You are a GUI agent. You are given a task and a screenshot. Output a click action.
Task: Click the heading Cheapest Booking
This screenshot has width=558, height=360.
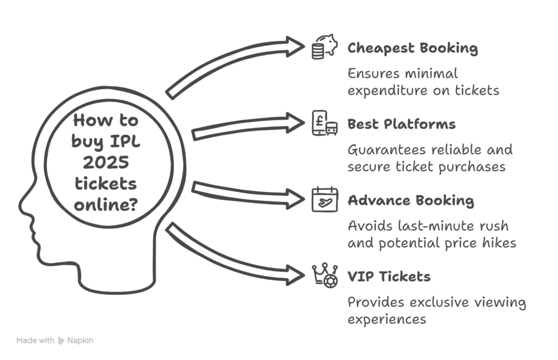coord(413,48)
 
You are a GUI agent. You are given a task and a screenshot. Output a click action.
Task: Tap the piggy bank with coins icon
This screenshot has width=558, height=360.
coord(324,46)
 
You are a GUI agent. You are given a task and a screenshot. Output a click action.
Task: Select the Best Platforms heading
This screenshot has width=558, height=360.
coord(401,124)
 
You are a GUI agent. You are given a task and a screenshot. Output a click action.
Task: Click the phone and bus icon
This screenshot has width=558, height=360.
coord(324,123)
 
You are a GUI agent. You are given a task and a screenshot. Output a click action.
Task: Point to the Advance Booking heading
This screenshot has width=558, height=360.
coord(411,200)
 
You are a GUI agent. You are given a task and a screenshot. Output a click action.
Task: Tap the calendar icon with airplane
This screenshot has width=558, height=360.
coord(324,199)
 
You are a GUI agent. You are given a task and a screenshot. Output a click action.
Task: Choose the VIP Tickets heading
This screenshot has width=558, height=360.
coord(389,277)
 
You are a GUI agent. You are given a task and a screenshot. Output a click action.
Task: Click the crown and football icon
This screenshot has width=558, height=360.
coord(324,275)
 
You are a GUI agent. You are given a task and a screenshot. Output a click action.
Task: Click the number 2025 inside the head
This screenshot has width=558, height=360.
coord(105,162)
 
